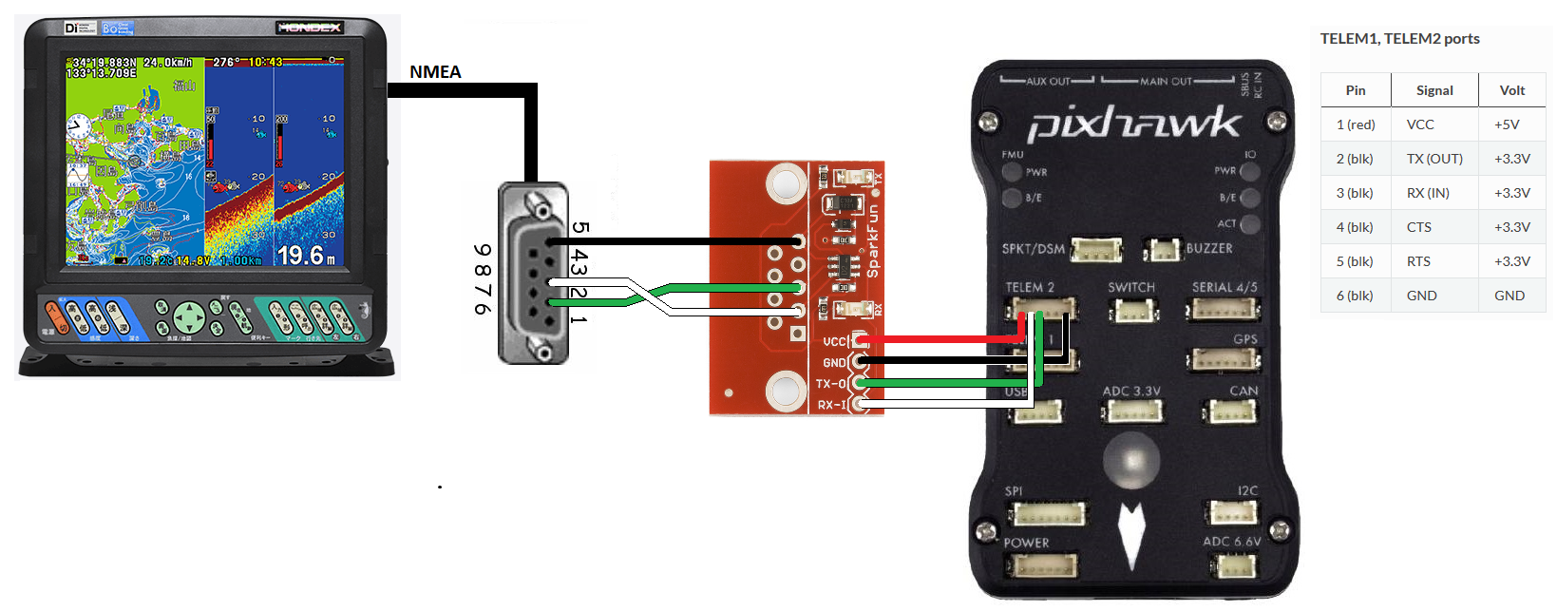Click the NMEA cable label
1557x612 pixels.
435,72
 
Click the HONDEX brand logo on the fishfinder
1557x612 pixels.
309,28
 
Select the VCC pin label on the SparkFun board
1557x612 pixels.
834,341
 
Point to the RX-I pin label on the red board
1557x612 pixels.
831,405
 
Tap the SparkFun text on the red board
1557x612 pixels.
873,242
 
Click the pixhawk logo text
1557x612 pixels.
1134,124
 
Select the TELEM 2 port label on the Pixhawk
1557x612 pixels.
1030,287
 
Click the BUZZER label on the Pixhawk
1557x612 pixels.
1209,248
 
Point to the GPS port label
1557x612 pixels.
1244,339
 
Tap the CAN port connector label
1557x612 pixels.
1244,391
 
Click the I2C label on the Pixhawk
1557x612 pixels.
1247,490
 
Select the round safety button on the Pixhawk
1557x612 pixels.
1131,460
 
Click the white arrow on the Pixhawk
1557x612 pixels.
1130,535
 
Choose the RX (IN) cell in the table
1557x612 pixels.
1428,193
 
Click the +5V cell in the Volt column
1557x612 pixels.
1507,124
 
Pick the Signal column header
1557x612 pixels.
1434,90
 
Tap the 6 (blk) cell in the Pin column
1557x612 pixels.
1355,296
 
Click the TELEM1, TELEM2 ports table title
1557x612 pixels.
1399,39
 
